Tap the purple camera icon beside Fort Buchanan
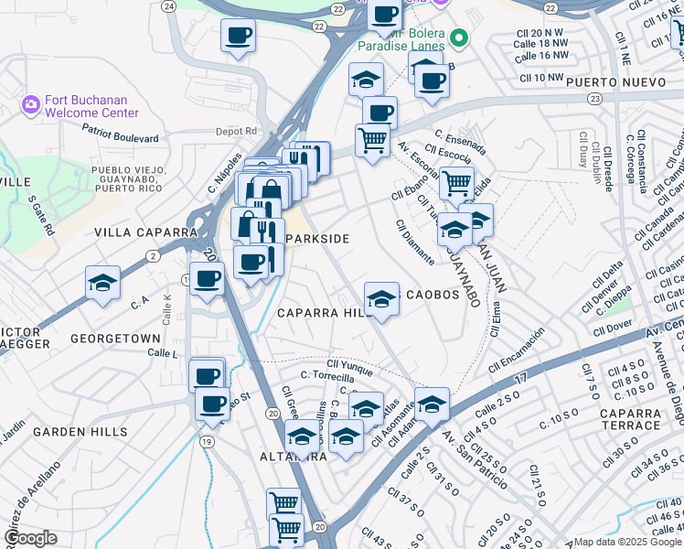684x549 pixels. tap(31, 105)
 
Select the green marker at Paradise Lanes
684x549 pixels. tap(458, 38)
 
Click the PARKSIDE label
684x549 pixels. tap(317, 239)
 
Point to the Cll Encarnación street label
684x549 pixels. tap(517, 349)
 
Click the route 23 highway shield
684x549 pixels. tap(595, 97)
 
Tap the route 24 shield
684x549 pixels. tap(168, 5)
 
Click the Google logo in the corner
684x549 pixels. tap(30, 538)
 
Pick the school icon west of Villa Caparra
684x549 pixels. tap(103, 283)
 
